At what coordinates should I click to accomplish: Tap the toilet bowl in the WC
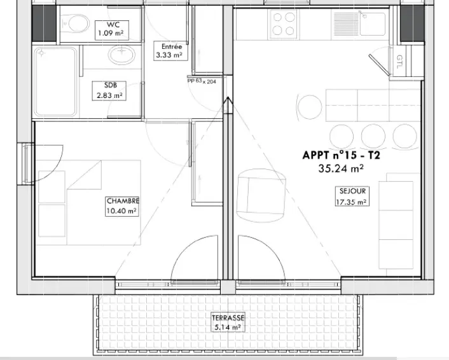pyautogui.click(x=76, y=24)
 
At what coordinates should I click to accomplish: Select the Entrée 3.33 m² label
pyautogui.click(x=170, y=51)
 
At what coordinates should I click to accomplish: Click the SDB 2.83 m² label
pyautogui.click(x=109, y=91)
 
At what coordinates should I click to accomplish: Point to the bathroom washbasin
pyautogui.click(x=122, y=55)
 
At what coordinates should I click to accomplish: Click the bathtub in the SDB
pyautogui.click(x=55, y=82)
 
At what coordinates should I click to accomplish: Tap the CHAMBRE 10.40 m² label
pyautogui.click(x=122, y=206)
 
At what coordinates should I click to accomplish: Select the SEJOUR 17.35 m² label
pyautogui.click(x=352, y=196)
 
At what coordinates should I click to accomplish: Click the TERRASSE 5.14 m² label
pyautogui.click(x=228, y=322)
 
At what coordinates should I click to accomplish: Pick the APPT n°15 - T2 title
pyautogui.click(x=342, y=155)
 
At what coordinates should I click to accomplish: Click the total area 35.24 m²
pyautogui.click(x=341, y=169)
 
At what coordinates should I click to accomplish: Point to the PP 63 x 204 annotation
pyautogui.click(x=202, y=81)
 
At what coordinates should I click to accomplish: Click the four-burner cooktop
pyautogui.click(x=284, y=24)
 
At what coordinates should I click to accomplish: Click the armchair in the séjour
pyautogui.click(x=261, y=195)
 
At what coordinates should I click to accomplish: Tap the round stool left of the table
pyautogui.click(x=310, y=107)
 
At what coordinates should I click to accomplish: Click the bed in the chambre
pyautogui.click(x=88, y=202)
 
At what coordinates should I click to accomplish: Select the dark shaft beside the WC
pyautogui.click(x=43, y=24)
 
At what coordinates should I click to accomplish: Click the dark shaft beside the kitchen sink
pyautogui.click(x=412, y=24)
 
